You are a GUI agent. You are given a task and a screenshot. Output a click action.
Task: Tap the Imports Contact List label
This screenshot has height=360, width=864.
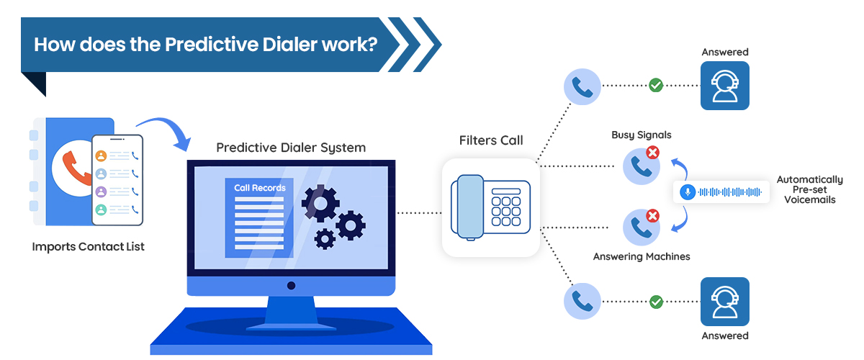pyautogui.click(x=88, y=247)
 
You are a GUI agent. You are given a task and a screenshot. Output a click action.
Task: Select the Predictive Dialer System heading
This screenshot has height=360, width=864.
pyautogui.click(x=291, y=148)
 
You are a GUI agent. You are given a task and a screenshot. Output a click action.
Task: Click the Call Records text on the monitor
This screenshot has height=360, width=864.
pyautogui.click(x=259, y=188)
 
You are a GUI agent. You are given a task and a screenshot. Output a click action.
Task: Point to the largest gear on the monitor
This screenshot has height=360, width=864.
pyautogui.click(x=320, y=202)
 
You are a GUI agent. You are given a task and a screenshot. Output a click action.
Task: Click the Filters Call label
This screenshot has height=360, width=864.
pyautogui.click(x=491, y=140)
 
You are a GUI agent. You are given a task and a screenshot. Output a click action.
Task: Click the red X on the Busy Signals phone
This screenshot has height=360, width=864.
pyautogui.click(x=652, y=153)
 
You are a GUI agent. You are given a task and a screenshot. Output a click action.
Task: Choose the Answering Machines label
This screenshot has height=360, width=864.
pyautogui.click(x=641, y=256)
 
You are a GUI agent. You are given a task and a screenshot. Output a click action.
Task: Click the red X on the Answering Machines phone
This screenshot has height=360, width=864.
pyautogui.click(x=652, y=215)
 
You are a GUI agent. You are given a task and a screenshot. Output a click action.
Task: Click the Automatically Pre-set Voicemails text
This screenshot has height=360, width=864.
pyautogui.click(x=809, y=189)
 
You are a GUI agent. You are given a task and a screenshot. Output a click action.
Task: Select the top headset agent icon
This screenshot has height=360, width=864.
pyautogui.click(x=724, y=86)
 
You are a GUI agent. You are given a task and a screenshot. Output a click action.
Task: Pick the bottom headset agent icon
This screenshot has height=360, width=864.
pyautogui.click(x=724, y=302)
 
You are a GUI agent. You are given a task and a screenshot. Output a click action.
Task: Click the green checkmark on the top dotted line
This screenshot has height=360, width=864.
pyautogui.click(x=656, y=86)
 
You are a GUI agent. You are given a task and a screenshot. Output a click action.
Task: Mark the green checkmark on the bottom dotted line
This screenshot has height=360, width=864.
pyautogui.click(x=656, y=302)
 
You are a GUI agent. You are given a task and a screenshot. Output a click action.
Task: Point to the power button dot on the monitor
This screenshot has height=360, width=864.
pyautogui.click(x=291, y=286)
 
